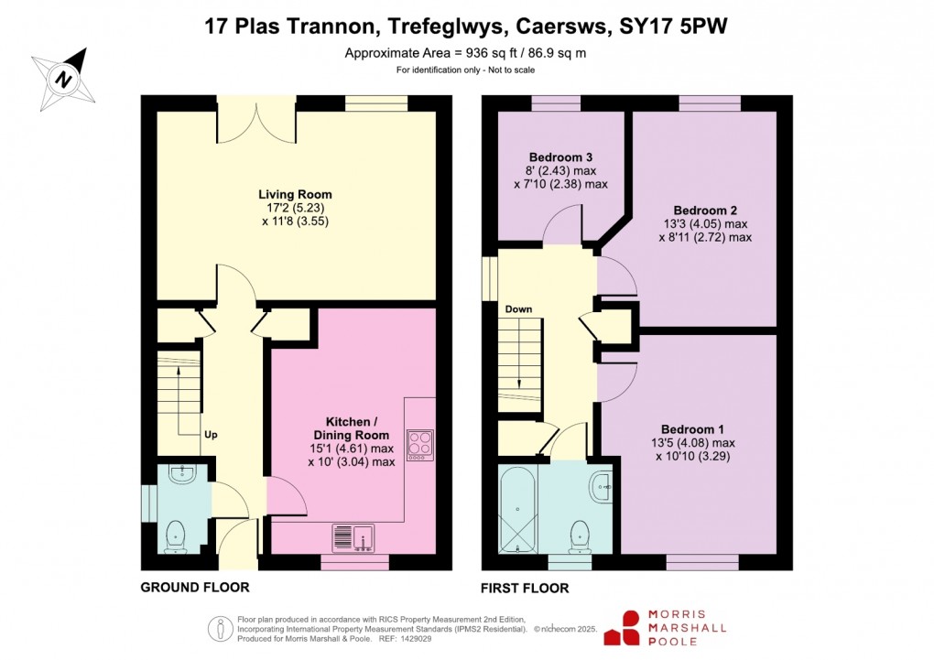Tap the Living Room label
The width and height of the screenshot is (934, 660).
(x=295, y=194)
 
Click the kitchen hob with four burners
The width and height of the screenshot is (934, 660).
(x=420, y=443)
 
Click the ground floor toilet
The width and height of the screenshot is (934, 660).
(x=174, y=536)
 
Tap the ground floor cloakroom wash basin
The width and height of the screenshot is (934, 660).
(x=183, y=471)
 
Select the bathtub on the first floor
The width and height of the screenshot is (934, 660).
(x=518, y=509)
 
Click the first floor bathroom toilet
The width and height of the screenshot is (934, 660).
(x=579, y=536)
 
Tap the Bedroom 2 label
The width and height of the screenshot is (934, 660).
(x=704, y=210)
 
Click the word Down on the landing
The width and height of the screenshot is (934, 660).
(x=518, y=309)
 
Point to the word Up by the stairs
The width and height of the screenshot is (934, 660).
(x=211, y=434)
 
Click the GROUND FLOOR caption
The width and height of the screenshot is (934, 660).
(x=194, y=588)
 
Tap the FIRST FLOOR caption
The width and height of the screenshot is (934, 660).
(x=525, y=588)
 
